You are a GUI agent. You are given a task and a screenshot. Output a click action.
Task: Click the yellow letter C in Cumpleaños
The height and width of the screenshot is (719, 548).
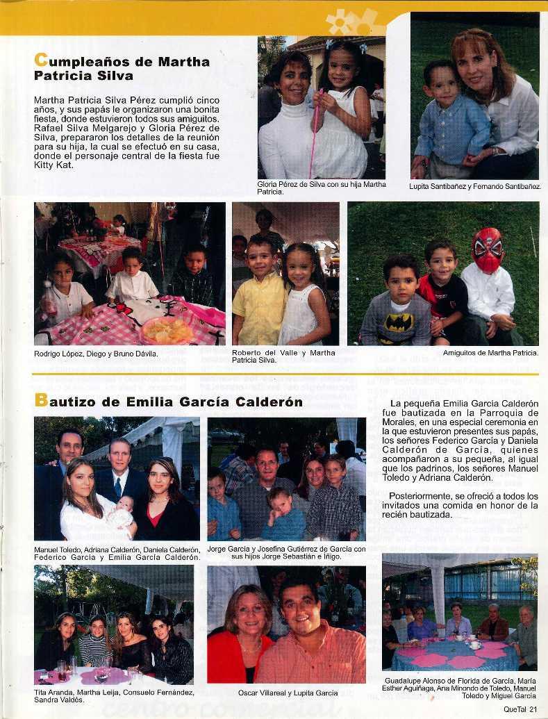click(x=40, y=61)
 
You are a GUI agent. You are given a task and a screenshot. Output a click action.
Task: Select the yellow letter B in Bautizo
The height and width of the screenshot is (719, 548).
click(x=40, y=402)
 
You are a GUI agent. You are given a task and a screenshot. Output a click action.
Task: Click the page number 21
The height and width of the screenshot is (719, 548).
click(x=533, y=709)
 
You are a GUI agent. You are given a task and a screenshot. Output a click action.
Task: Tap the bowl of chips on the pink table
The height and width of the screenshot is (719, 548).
click(x=167, y=330)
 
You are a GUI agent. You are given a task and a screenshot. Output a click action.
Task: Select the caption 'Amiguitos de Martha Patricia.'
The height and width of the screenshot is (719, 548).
click(x=490, y=353)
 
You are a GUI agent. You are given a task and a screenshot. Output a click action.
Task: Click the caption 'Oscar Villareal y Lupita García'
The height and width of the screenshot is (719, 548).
click(x=288, y=693)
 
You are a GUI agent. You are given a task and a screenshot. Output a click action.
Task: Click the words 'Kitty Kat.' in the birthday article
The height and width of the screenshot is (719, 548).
click(x=53, y=165)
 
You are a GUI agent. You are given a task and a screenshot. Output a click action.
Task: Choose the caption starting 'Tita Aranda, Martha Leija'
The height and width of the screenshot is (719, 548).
click(x=114, y=696)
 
